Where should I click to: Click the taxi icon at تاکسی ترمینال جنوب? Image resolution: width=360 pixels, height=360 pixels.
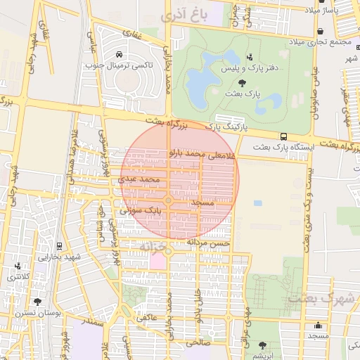120,55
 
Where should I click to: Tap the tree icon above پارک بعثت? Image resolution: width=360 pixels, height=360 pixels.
243,82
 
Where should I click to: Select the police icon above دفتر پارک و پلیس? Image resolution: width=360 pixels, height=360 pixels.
249,57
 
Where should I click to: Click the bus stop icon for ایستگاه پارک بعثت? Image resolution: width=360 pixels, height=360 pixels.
283,136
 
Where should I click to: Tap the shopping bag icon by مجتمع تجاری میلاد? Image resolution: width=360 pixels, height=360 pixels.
321,32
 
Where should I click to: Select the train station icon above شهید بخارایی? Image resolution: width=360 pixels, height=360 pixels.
58,246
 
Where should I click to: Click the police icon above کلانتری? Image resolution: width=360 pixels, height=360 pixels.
17,266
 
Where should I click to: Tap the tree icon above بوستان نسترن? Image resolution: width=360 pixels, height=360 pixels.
37,301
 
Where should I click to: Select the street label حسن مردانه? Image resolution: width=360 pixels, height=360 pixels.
208,242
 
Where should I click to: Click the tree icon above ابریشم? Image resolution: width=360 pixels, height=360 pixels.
263,345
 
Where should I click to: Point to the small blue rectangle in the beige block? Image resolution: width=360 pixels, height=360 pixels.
258,202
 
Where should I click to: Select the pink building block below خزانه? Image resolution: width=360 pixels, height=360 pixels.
157,261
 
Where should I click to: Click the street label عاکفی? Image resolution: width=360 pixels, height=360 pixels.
146,317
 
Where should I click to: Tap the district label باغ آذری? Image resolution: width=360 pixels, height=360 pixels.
182,14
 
